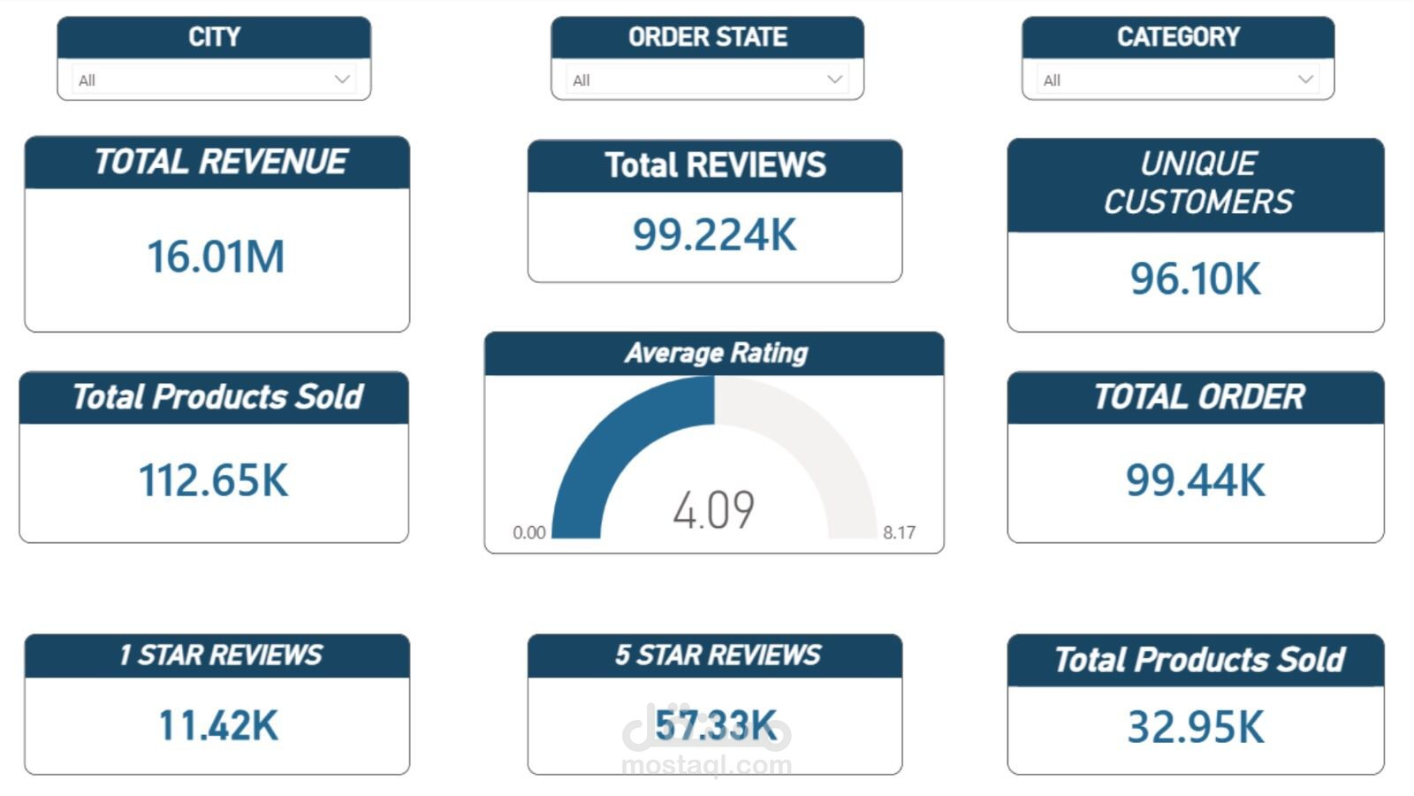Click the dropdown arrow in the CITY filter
tap(342, 80)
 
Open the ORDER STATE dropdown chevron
tap(834, 80)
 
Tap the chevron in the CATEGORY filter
tap(1305, 80)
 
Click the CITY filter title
tap(214, 37)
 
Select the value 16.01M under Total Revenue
tap(216, 257)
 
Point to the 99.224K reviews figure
tap(714, 235)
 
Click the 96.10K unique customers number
tap(1195, 279)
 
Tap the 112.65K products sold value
tap(213, 481)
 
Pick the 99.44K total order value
tap(1195, 481)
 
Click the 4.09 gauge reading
tap(713, 510)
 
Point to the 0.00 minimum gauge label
tap(528, 532)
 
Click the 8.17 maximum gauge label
tap(899, 532)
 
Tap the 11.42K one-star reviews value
tap(217, 726)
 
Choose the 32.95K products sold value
tap(1195, 728)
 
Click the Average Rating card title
tap(716, 354)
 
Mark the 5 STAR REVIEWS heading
tap(717, 655)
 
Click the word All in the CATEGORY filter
tap(1052, 80)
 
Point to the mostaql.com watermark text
tap(707, 765)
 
